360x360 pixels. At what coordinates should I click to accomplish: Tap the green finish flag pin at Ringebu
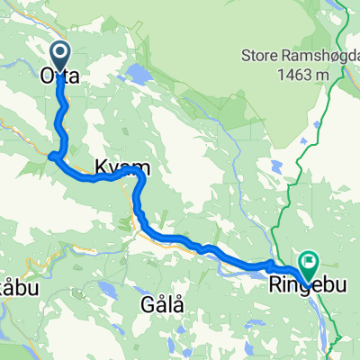pos(308,265)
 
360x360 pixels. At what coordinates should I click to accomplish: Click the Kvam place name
pos(116,167)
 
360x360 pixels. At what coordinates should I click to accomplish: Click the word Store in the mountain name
pos(258,56)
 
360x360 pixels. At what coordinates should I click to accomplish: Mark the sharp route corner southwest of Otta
pos(51,157)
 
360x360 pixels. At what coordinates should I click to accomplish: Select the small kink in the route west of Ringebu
pos(269,265)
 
